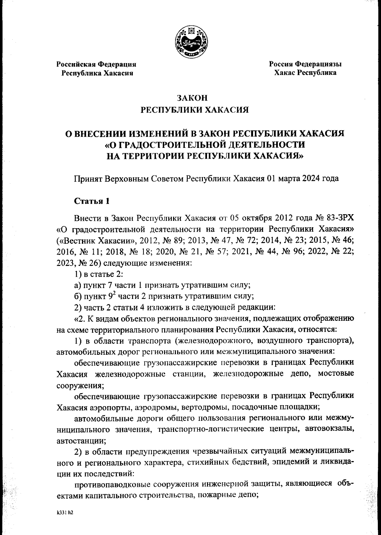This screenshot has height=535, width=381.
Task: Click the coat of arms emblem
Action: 190,43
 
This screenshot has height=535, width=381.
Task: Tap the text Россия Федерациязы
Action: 305,64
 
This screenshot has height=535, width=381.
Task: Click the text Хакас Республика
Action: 305,73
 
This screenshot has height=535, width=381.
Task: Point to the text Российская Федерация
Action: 96,64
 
